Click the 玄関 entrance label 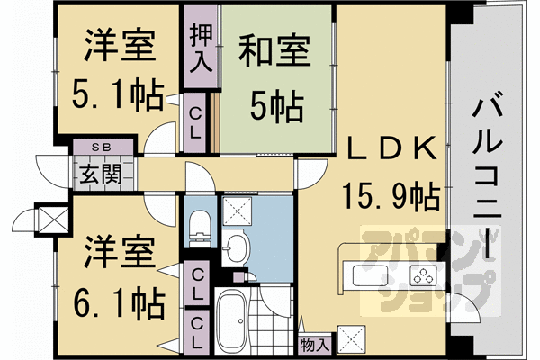point(99,174)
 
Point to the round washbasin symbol point(235,248)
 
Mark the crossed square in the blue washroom point(238,212)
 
